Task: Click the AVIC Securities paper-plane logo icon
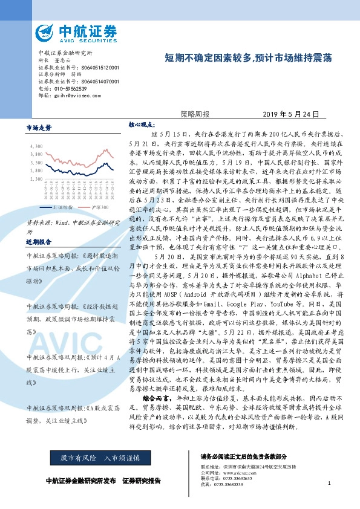(x=44, y=31)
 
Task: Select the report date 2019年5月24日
(x=290, y=114)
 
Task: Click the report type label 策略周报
(x=195, y=114)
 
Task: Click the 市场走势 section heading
(x=39, y=128)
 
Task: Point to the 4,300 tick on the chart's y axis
(x=36, y=146)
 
